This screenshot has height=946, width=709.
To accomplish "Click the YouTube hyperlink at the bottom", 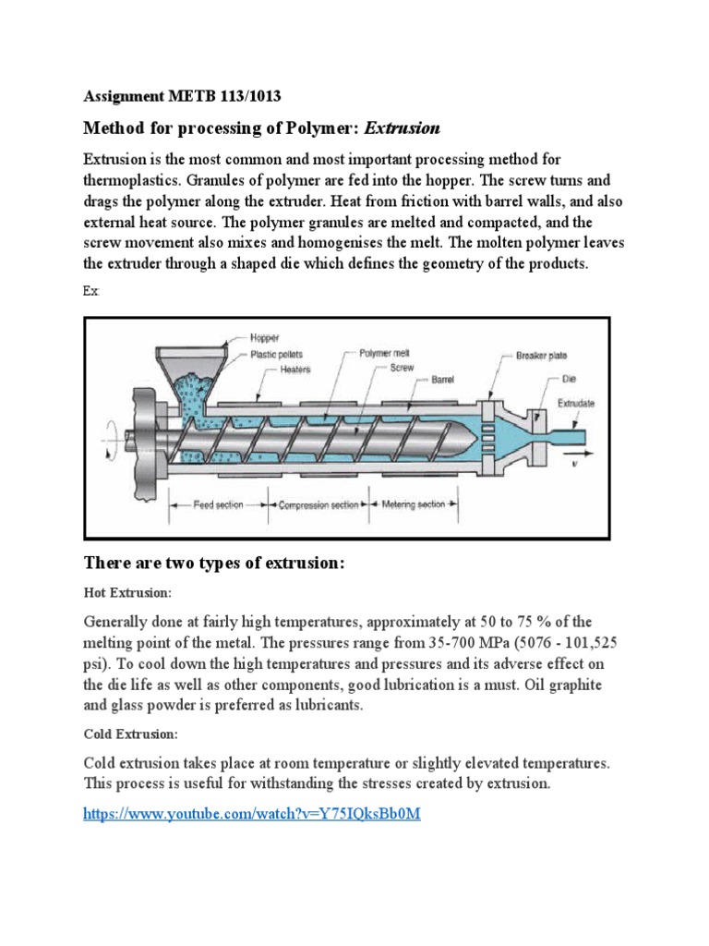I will click(252, 816).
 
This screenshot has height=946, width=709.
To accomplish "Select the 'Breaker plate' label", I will click(543, 355).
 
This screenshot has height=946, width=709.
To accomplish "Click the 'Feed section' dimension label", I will click(218, 504).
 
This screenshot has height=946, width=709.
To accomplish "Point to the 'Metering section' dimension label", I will click(413, 504).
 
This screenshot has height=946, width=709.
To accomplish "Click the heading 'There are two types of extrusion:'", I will click(214, 563).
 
